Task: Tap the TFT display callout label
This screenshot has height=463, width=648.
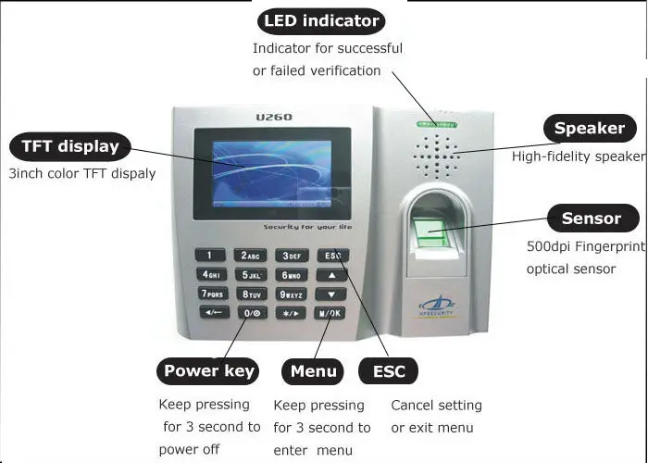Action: (x=69, y=146)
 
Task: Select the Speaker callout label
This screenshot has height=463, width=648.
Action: (x=590, y=129)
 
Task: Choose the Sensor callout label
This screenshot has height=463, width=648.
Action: (x=591, y=219)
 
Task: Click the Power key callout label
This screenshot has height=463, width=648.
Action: (x=208, y=371)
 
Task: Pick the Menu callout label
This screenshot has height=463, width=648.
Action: (x=313, y=371)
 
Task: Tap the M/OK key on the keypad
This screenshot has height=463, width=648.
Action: (x=330, y=313)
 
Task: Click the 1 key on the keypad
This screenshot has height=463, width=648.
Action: (x=209, y=256)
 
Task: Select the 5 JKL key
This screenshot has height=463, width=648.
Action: (x=251, y=275)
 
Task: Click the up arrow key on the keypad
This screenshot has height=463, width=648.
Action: (x=330, y=275)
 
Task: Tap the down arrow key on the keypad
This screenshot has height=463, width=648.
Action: (x=330, y=294)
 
